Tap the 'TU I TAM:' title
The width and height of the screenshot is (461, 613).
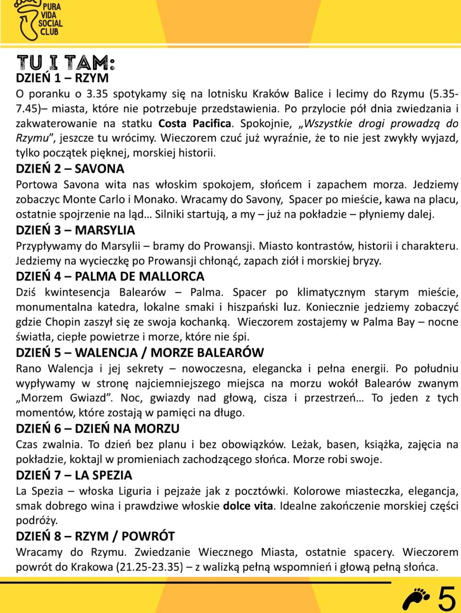[65, 62]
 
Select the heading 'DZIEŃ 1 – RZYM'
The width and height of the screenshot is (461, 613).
[62, 77]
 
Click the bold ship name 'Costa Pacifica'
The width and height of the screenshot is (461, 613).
[195, 124]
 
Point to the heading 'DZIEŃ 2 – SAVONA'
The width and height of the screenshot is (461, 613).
[70, 169]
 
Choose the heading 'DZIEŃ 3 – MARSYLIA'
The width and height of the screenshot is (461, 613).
[76, 230]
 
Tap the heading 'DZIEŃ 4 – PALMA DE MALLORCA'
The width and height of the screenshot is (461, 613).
[110, 277]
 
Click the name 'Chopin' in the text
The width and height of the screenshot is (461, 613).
[62, 322]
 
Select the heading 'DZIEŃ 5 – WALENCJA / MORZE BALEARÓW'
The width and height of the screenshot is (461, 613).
[140, 353]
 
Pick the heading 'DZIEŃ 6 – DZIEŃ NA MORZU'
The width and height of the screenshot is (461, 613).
[98, 429]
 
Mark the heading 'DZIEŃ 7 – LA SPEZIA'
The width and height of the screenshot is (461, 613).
[74, 475]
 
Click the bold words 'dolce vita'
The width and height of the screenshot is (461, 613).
[248, 506]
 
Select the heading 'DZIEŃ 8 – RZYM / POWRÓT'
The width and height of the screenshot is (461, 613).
[95, 536]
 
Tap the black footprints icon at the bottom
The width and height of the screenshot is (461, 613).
[418, 598]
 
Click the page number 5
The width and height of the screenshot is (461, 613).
[446, 598]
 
